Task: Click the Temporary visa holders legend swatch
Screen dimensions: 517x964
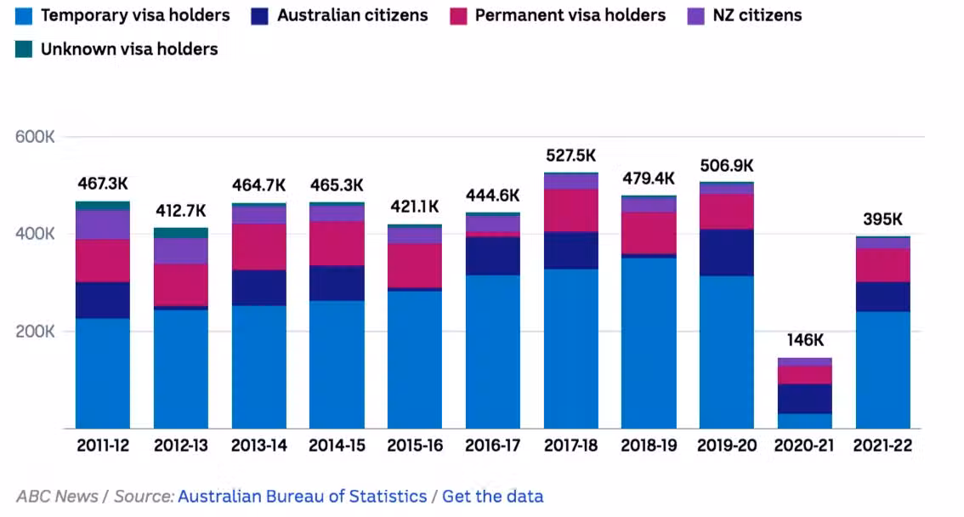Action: (24, 15)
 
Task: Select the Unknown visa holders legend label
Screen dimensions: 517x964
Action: (129, 49)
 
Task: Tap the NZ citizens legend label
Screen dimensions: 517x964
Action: (756, 15)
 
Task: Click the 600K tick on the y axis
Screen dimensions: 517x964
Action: (36, 137)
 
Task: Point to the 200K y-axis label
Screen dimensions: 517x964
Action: (36, 332)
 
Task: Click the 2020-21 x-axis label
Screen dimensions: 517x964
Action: (804, 446)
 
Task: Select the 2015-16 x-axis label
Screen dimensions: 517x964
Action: (415, 446)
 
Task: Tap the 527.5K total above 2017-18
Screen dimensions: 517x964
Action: (570, 156)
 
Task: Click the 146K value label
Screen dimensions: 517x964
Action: (804, 340)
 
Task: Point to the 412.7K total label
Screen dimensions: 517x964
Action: (180, 210)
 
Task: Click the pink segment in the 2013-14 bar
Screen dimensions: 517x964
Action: (258, 247)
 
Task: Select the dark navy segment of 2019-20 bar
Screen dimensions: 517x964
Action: (726, 253)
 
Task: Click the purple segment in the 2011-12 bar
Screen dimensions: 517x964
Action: (103, 224)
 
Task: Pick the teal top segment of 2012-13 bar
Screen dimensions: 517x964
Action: (180, 232)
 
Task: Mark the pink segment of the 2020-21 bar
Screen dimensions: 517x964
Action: (804, 374)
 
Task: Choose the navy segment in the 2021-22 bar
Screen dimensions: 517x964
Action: (882, 297)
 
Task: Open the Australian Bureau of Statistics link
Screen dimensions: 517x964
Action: (302, 497)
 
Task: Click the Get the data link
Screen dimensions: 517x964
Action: (492, 497)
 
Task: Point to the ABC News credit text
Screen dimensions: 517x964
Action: (57, 497)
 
